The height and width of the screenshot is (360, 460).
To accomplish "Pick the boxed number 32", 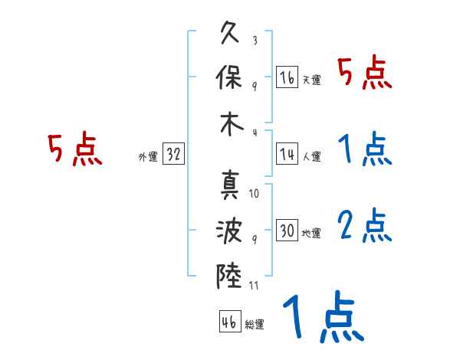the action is click(173, 154).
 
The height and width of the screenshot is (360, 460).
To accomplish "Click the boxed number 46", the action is click(228, 322).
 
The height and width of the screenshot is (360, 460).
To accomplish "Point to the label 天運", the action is click(311, 80).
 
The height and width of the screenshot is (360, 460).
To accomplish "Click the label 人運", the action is click(311, 157).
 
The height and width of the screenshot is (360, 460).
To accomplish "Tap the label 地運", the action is click(311, 234).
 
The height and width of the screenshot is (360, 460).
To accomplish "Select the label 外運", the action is click(148, 157).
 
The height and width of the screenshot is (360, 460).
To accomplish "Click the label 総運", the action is click(254, 325).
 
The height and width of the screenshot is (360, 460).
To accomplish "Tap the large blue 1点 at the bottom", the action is click(323, 318).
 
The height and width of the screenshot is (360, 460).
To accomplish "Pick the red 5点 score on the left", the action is click(75, 149).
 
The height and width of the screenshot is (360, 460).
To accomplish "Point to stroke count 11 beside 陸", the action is click(255, 286).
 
